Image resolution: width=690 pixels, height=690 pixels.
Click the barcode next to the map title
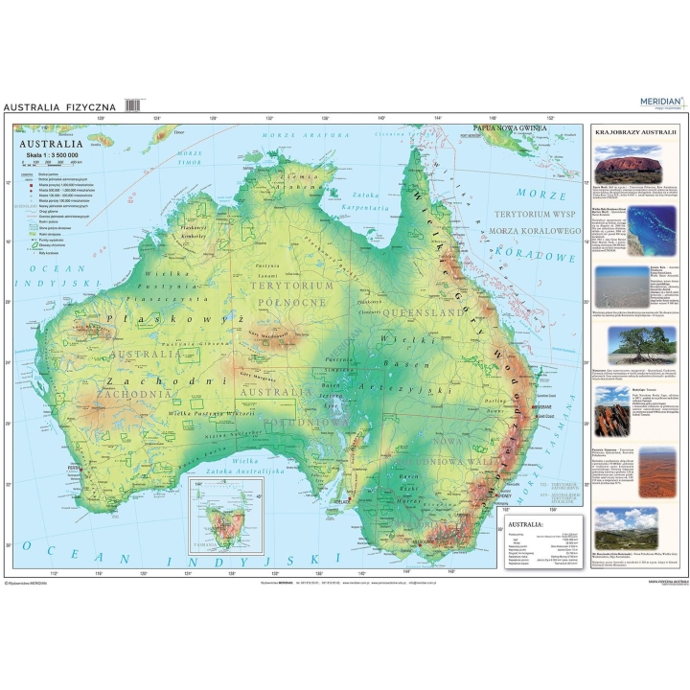click(134, 105)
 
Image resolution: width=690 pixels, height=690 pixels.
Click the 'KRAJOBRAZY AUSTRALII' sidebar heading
click(636, 131)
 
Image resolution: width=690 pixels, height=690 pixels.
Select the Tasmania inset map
click(227, 517)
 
